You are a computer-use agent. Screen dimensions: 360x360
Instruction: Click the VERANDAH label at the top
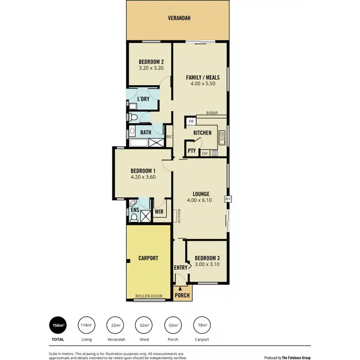pos(179,18)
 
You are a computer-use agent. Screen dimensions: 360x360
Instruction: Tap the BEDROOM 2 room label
pos(151,61)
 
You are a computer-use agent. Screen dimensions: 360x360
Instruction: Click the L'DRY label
pos(144,99)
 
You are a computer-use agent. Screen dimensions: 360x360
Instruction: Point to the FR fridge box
pos(191,122)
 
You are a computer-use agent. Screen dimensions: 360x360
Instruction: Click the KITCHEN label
pos(203,133)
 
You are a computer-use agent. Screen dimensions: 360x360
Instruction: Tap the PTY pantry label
pos(192,151)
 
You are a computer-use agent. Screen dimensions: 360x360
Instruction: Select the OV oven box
pos(204,154)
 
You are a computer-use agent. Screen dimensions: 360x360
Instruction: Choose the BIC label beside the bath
pos(169,136)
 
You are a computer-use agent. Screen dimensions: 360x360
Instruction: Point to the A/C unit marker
pos(228,199)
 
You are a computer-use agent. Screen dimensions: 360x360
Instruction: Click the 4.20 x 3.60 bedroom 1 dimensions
pos(143,177)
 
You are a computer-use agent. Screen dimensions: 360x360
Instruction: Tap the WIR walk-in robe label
pos(159,211)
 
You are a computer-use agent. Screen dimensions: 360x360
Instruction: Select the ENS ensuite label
pos(134,210)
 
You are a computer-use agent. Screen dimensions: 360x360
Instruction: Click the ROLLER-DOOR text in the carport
pos(148,296)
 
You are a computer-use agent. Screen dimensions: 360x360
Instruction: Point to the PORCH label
pos(182,295)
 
